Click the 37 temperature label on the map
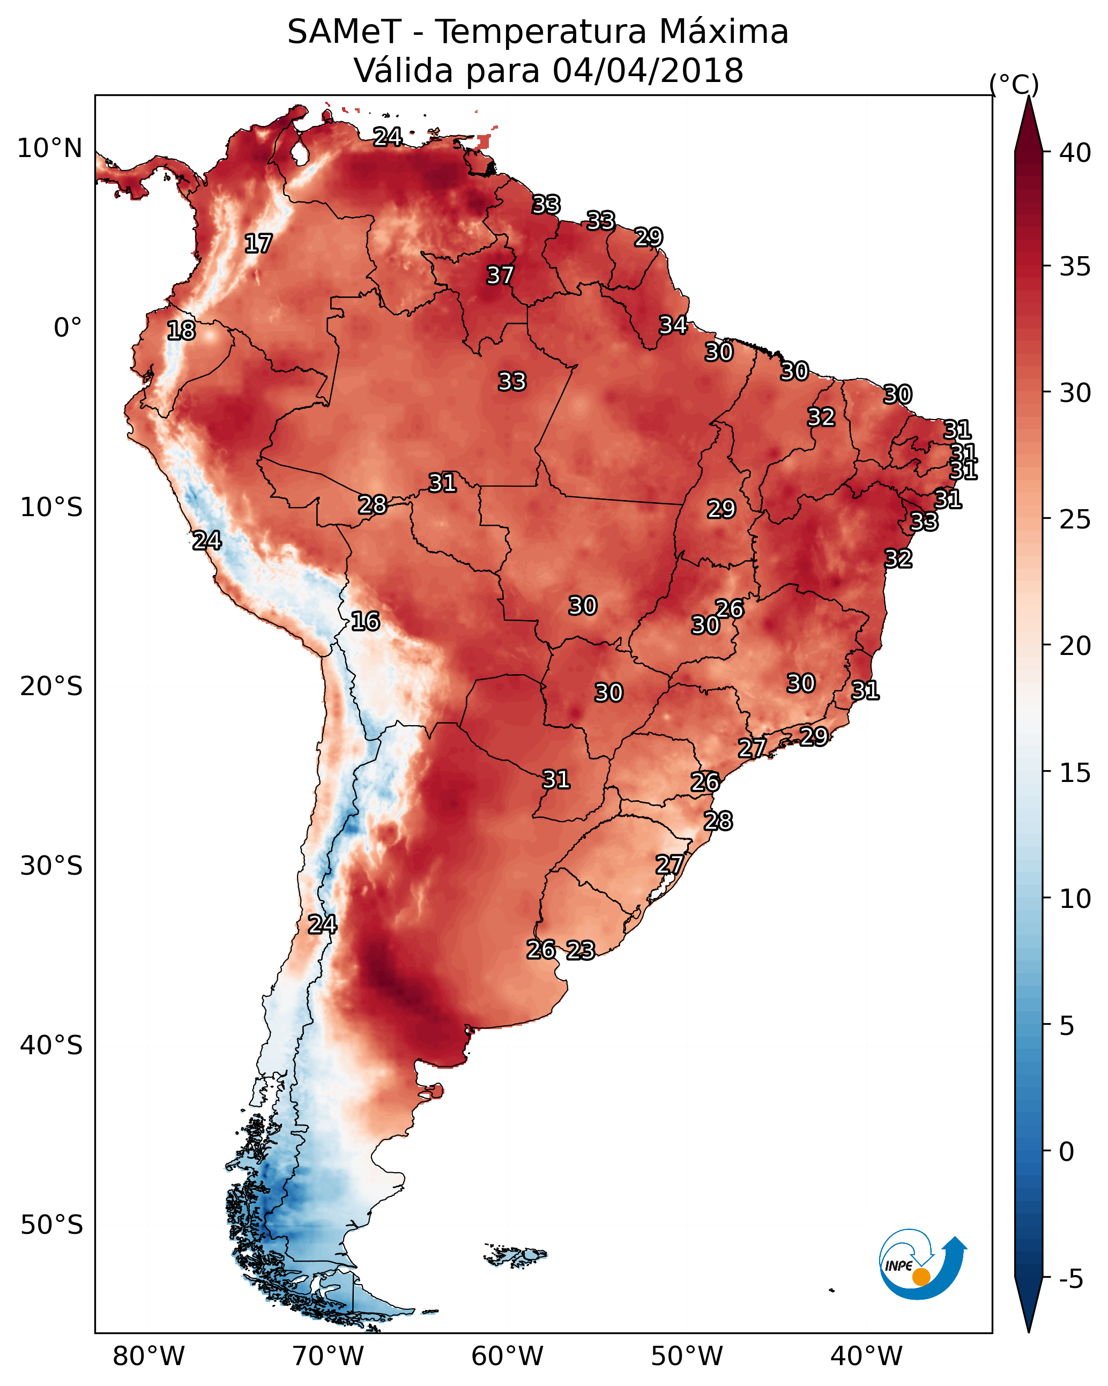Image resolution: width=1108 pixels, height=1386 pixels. coord(500,275)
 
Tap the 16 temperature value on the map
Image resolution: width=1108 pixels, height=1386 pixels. coord(365,621)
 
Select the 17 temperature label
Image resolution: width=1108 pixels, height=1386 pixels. coord(258,244)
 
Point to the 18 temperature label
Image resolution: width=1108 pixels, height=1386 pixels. coord(181,331)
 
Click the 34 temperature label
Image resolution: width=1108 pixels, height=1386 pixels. coord(673,325)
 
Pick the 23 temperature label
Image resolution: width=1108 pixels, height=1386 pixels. coord(581,950)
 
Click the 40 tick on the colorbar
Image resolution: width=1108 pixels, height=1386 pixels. coord(1075,153)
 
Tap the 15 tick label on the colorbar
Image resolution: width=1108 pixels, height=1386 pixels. coord(1075,773)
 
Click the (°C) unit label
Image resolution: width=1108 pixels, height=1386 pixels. coord(1014,84)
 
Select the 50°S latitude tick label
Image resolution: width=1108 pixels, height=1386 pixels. coord(51,1225)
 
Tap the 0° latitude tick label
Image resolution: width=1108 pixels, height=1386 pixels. coord(68,328)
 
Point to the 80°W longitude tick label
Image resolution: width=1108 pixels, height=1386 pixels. coord(148,1357)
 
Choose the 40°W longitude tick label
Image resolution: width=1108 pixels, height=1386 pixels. coord(866,1357)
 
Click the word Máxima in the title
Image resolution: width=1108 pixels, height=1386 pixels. coord(723,32)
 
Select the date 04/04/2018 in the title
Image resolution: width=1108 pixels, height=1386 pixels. coord(648,71)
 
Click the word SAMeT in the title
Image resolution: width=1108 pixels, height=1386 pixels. coord(345,32)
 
